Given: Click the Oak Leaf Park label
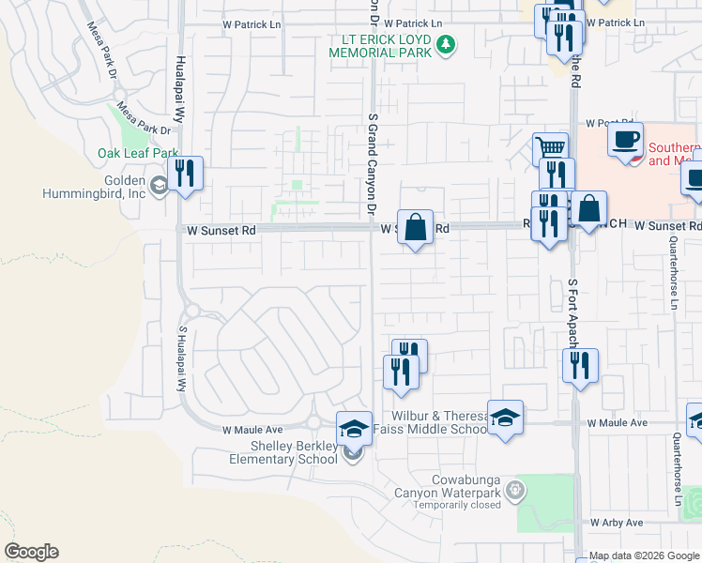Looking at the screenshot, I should [x=138, y=153].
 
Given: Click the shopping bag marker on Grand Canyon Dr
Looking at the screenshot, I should [x=415, y=226].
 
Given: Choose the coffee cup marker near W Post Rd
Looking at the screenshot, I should [x=625, y=140].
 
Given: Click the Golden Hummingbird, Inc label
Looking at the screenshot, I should [x=93, y=187].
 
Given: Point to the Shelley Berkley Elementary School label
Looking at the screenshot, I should [x=283, y=451].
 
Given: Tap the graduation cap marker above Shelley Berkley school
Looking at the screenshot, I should [x=354, y=428].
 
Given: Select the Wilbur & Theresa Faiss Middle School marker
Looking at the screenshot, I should [x=505, y=417].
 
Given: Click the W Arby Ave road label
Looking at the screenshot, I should [x=617, y=522].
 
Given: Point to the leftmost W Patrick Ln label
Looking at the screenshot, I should [x=252, y=23].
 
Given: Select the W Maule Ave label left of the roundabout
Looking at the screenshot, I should [x=252, y=430].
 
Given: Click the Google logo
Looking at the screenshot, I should [x=31, y=552].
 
